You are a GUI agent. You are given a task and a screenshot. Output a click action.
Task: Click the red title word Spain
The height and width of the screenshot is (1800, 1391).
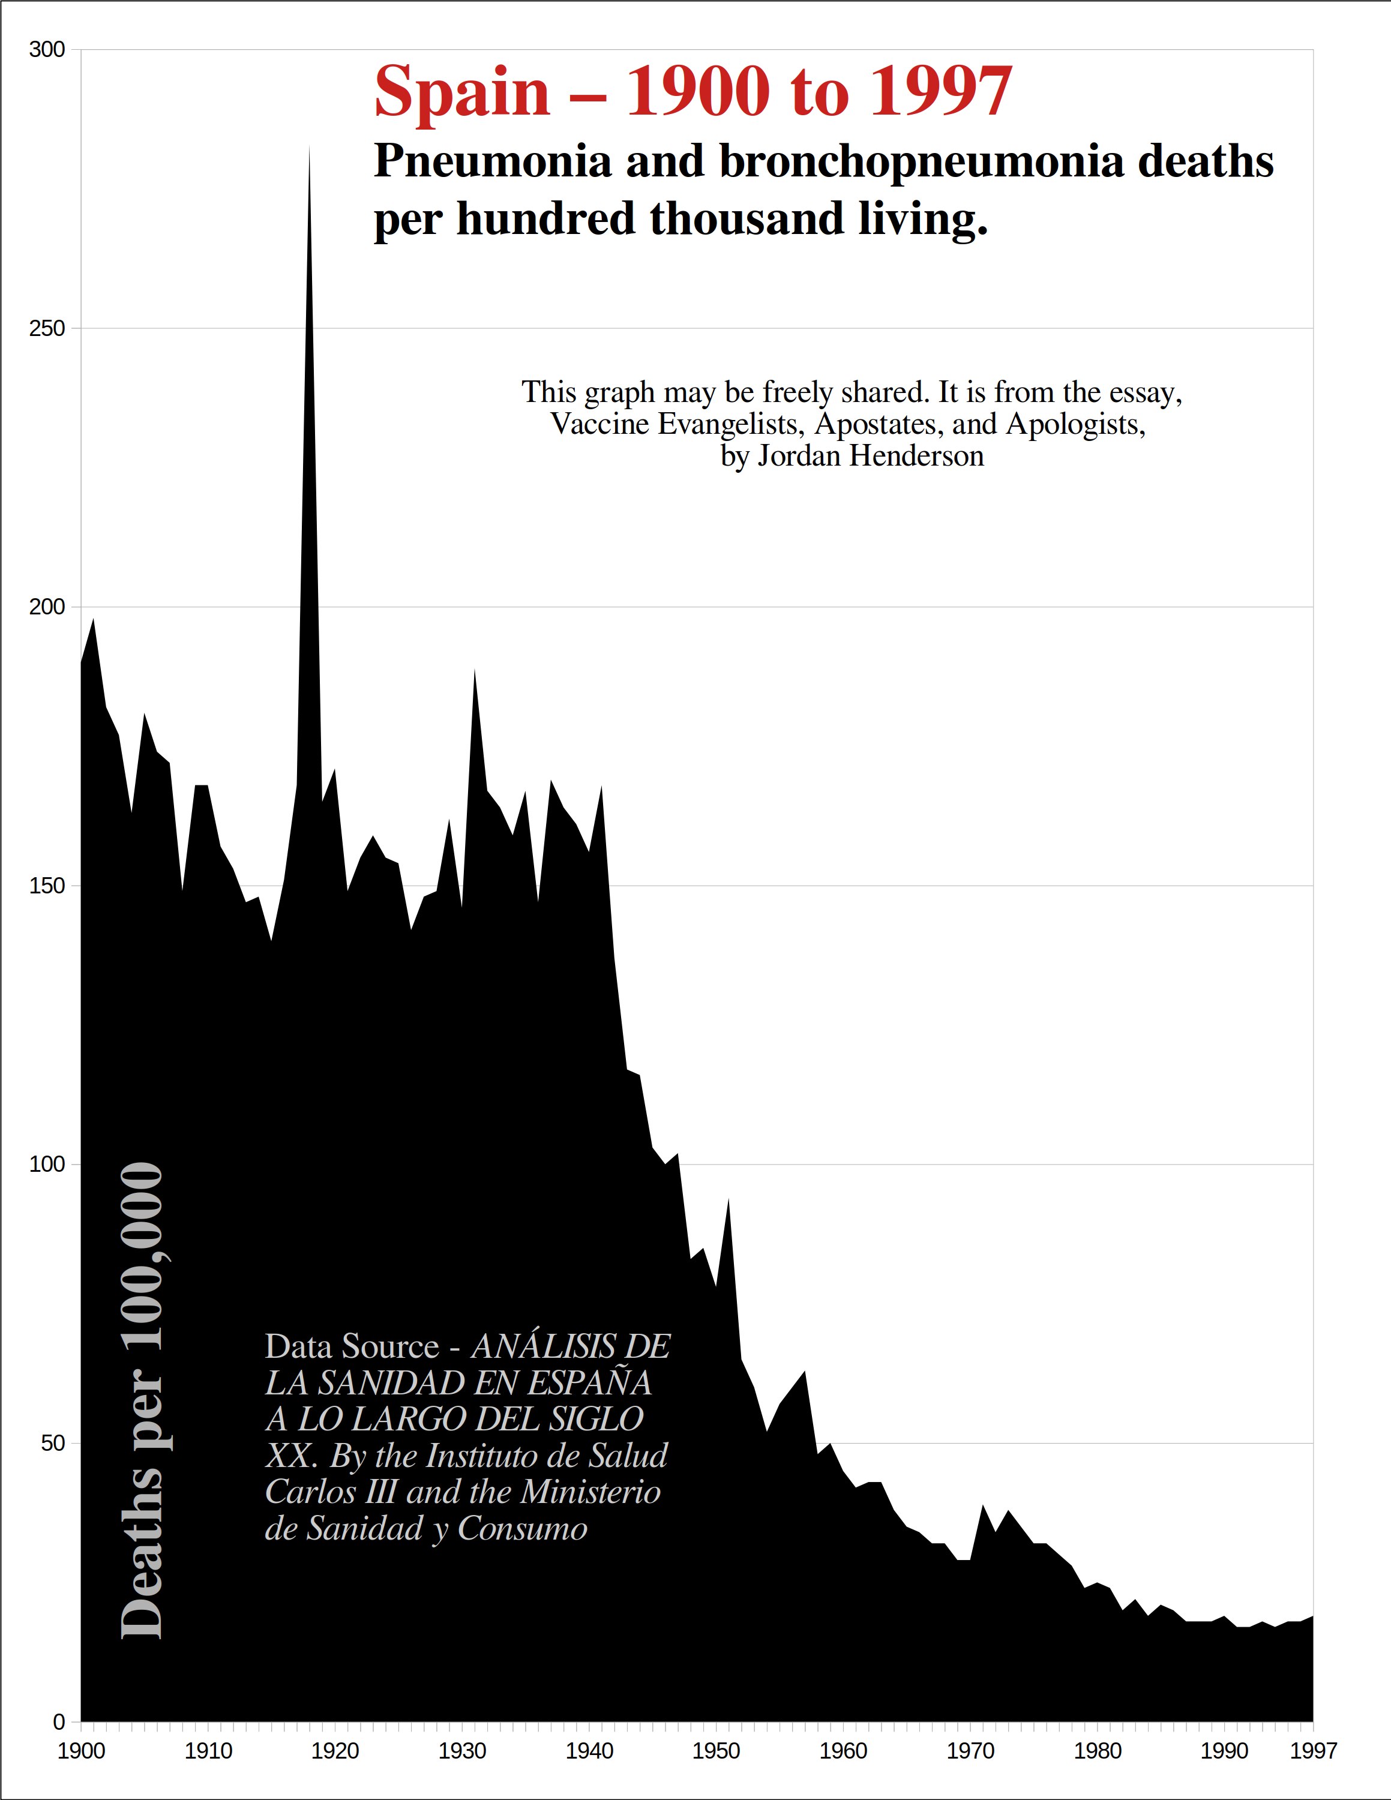tap(461, 92)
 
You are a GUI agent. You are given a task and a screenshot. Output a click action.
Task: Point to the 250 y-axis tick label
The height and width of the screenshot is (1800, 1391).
tap(47, 329)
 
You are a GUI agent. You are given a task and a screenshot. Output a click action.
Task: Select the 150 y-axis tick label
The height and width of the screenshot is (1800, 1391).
tap(47, 886)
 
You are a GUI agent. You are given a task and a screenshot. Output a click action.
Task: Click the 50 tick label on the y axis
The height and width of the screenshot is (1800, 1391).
tap(53, 1443)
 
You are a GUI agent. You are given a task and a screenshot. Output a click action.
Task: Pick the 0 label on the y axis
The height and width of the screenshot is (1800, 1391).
tap(58, 1722)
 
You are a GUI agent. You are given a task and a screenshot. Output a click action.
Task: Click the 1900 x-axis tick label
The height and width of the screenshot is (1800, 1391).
tap(81, 1751)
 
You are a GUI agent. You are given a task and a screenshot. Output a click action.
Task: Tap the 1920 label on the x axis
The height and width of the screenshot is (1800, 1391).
tap(335, 1751)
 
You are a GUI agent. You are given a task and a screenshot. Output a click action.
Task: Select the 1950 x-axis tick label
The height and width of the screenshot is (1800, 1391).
tap(716, 1751)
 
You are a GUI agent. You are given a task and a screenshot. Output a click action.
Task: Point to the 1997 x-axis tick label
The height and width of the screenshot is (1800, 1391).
tap(1313, 1751)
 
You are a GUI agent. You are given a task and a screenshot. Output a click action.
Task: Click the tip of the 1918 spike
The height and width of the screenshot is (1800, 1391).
tap(309, 148)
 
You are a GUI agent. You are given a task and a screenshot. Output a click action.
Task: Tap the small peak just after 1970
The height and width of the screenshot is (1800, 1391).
tap(982, 1507)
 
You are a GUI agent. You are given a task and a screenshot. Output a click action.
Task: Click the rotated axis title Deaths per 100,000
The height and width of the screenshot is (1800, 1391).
tap(142, 1401)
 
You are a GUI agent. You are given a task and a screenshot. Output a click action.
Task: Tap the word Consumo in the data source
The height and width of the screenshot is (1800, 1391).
tap(523, 1529)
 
